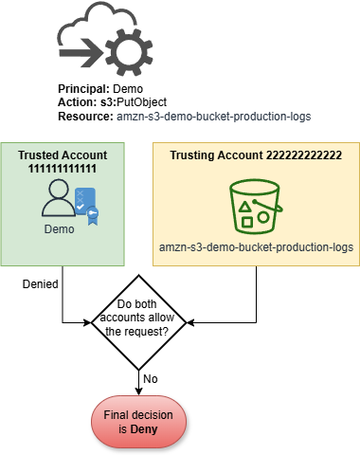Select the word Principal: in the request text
point(83,88)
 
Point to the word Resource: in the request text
point(85,115)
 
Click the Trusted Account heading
point(63,155)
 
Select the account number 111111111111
point(63,168)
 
